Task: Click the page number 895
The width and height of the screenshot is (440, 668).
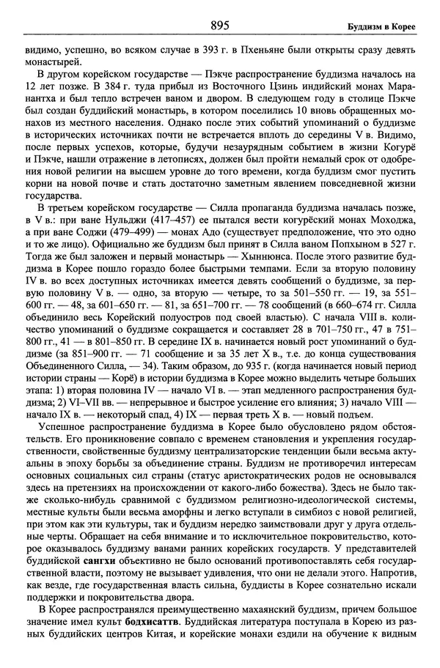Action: click(x=219, y=26)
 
